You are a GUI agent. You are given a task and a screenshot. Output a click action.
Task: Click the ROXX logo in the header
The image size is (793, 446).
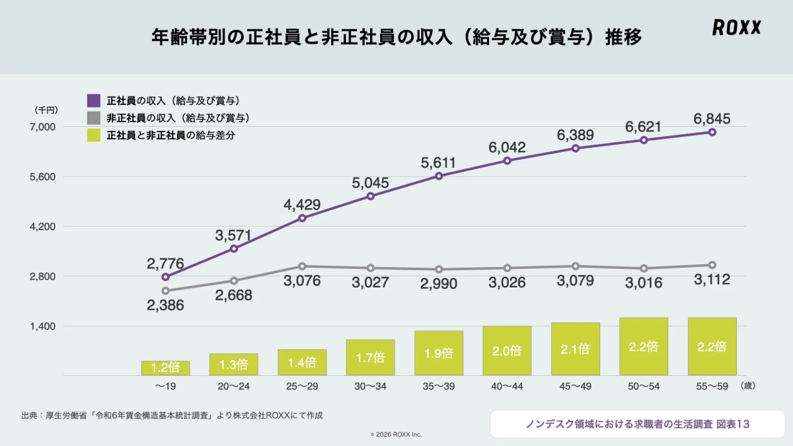736,27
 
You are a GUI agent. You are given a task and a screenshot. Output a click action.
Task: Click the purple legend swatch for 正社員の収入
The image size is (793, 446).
94,101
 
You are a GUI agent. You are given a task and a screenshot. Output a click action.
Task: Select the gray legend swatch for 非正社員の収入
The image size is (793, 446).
94,118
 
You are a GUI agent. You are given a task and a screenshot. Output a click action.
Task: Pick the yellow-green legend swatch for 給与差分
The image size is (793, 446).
94,135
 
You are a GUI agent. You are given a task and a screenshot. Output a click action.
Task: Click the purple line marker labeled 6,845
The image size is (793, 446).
712,132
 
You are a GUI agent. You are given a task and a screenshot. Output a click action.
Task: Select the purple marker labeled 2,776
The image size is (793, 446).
165,277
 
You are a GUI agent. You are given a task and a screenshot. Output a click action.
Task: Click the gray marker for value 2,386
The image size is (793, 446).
165,291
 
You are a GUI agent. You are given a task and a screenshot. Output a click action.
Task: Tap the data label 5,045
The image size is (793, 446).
370,182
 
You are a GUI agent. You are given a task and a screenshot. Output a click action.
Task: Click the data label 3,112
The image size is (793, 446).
712,280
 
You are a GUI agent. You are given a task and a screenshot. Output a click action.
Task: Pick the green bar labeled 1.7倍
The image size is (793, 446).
370,357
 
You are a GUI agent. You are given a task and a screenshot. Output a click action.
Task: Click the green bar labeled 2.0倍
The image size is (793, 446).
507,351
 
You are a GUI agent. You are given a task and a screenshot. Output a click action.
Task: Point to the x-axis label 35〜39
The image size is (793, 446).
438,387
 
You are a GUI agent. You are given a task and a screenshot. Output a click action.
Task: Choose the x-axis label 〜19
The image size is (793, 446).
165,387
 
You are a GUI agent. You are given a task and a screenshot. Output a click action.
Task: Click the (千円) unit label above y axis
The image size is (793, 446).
46,110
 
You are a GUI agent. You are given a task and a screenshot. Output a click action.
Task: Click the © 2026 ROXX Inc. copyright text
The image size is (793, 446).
396,434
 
